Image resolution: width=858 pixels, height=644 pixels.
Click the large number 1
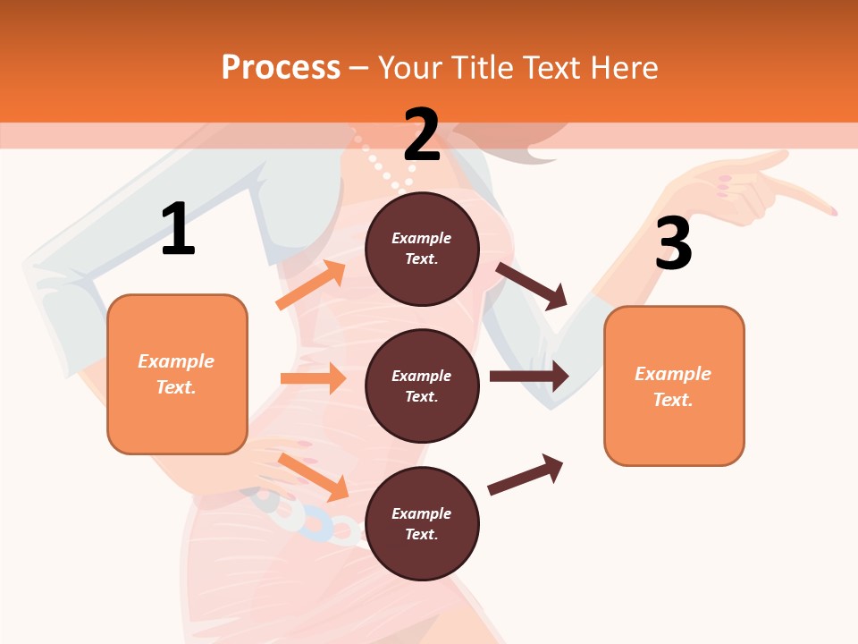(178, 230)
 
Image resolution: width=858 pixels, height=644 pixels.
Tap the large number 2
(422, 135)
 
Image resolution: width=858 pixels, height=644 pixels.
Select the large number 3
(673, 243)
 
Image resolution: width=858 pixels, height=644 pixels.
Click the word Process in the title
(281, 67)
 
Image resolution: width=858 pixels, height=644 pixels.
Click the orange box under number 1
(177, 374)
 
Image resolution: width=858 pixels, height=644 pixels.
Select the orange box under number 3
(674, 386)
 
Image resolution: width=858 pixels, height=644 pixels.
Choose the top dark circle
(422, 249)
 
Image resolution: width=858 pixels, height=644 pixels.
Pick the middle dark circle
(422, 386)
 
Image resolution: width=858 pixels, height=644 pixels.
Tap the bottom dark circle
(422, 523)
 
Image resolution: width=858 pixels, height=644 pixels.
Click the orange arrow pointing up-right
(310, 285)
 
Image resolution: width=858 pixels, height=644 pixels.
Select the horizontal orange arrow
(313, 378)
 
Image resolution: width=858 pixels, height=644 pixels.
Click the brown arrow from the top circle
(532, 285)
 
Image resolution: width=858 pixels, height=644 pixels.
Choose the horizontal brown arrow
(528, 377)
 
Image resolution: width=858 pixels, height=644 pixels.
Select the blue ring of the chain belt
(318, 526)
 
